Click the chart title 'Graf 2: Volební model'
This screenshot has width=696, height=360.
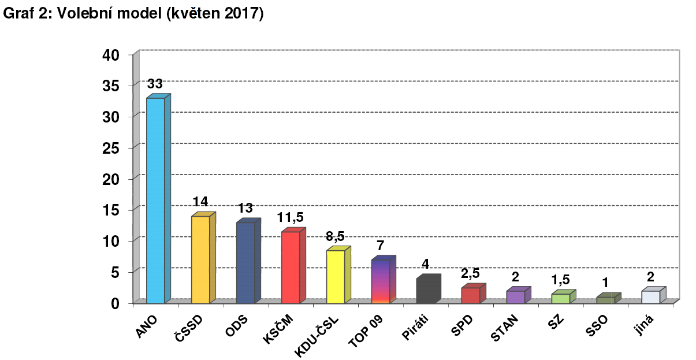[x=133, y=14]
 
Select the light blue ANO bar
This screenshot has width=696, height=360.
[x=155, y=200]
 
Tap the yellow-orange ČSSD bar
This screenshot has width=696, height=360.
[x=200, y=259]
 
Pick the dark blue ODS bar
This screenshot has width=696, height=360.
[x=245, y=262]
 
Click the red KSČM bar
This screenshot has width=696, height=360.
[x=291, y=267]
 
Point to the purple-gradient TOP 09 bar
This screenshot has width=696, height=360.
[x=381, y=281]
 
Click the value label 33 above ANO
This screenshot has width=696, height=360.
[x=155, y=84]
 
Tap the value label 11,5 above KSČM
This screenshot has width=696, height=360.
[x=290, y=217]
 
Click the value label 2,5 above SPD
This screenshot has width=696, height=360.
[x=470, y=273]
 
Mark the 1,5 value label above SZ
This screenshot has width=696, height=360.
[x=560, y=280]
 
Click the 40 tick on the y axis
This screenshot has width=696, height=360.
[x=110, y=55]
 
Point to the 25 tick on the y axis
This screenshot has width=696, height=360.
[x=110, y=148]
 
